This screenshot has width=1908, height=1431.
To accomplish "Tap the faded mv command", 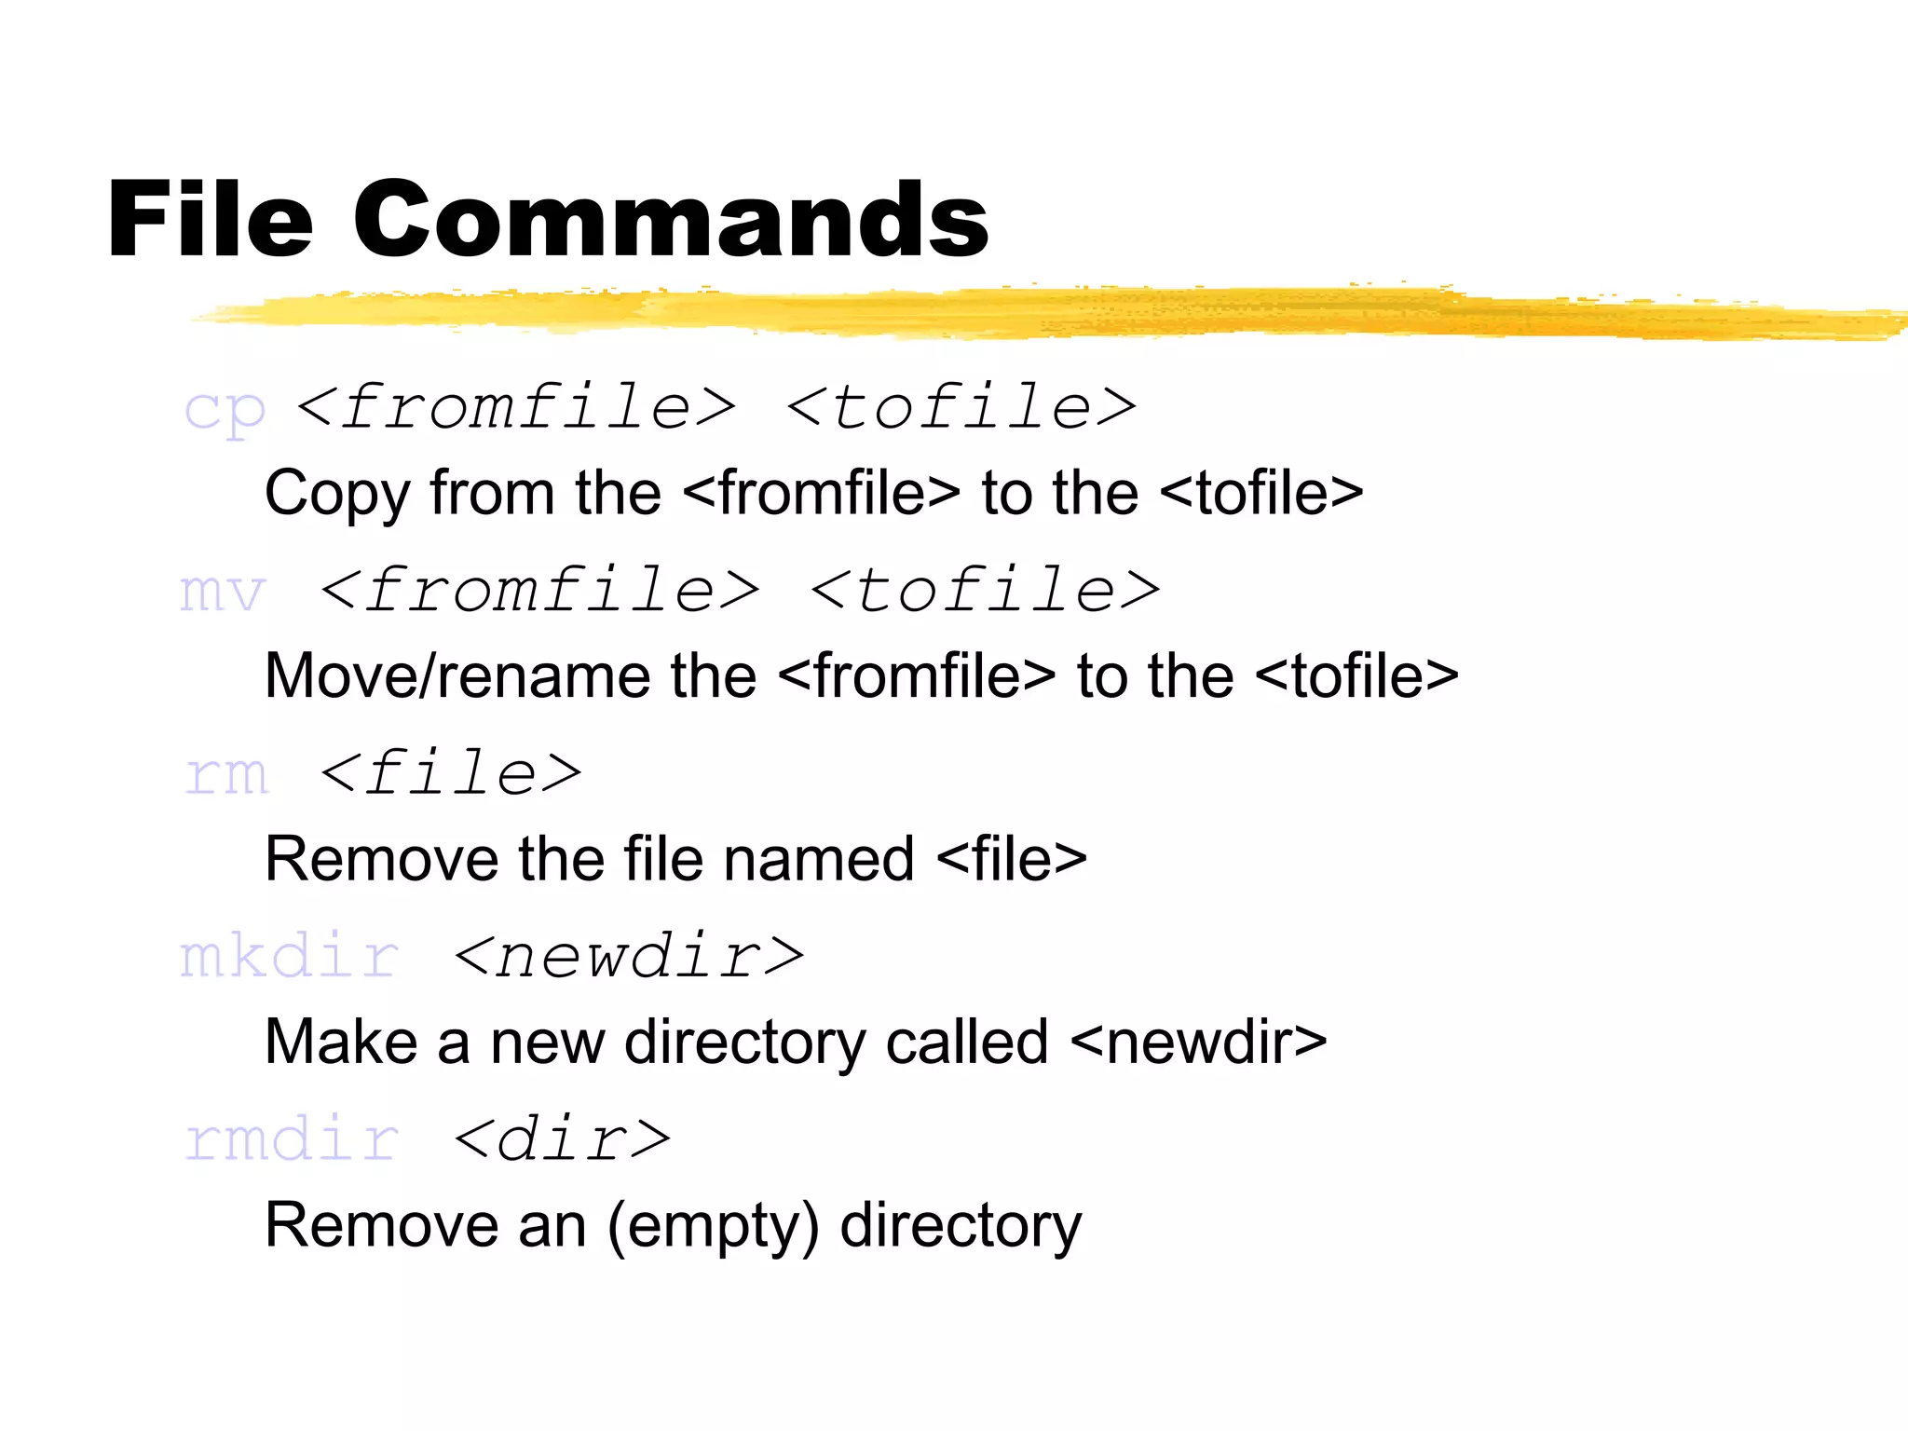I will pyautogui.click(x=223, y=592).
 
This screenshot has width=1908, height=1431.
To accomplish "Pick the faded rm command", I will pyautogui.click(x=226, y=774).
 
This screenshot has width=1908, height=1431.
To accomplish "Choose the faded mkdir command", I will pyautogui.click(x=290, y=957).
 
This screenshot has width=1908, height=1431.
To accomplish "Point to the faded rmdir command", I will pyautogui.click(x=292, y=1139).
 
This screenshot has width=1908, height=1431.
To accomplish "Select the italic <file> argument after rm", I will pyautogui.click(x=451, y=773).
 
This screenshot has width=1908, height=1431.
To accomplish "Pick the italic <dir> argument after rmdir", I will pyautogui.click(x=563, y=1139).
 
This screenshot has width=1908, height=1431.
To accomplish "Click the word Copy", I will pyautogui.click(x=336, y=494).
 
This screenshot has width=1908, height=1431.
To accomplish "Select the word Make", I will pyautogui.click(x=342, y=1042).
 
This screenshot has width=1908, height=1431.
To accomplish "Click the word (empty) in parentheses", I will pyautogui.click(x=714, y=1226).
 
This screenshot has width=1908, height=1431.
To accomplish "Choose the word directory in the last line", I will pyautogui.click(x=961, y=1226).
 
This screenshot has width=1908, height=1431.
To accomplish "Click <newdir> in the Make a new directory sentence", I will pyautogui.click(x=1199, y=1042).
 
